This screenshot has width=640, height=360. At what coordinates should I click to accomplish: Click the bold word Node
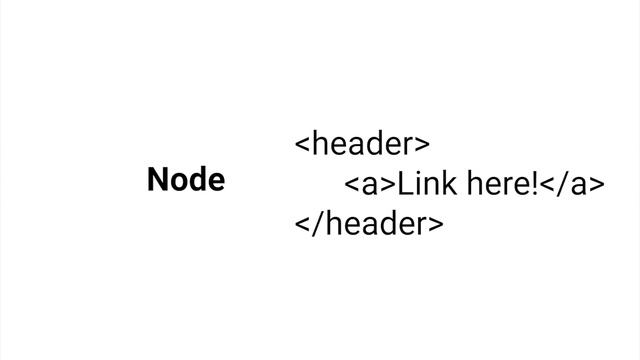(186, 179)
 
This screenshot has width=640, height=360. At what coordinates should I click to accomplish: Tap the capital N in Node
(157, 179)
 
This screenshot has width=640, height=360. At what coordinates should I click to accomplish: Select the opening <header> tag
(362, 144)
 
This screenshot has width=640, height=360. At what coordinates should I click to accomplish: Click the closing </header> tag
(369, 223)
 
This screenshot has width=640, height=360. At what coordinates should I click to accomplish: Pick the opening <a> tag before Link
(370, 184)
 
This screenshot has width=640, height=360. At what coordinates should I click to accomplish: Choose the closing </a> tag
(572, 184)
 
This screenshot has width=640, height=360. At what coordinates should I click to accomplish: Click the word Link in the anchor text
(427, 183)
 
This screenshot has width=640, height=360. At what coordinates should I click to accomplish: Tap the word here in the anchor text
(499, 183)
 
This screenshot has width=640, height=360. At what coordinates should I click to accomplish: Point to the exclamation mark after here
(535, 184)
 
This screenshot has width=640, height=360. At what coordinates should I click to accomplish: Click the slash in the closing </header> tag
(318, 224)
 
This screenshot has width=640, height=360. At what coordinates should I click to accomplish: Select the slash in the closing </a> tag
(562, 184)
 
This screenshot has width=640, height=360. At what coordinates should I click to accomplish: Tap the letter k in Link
(449, 183)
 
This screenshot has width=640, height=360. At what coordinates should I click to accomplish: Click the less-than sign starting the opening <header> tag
(302, 144)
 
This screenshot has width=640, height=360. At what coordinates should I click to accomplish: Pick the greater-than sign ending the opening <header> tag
(422, 144)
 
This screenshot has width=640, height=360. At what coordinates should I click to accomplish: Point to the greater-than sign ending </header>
(436, 224)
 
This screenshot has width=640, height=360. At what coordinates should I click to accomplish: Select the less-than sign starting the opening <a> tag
(352, 184)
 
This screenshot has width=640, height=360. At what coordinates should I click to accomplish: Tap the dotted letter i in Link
(418, 184)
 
